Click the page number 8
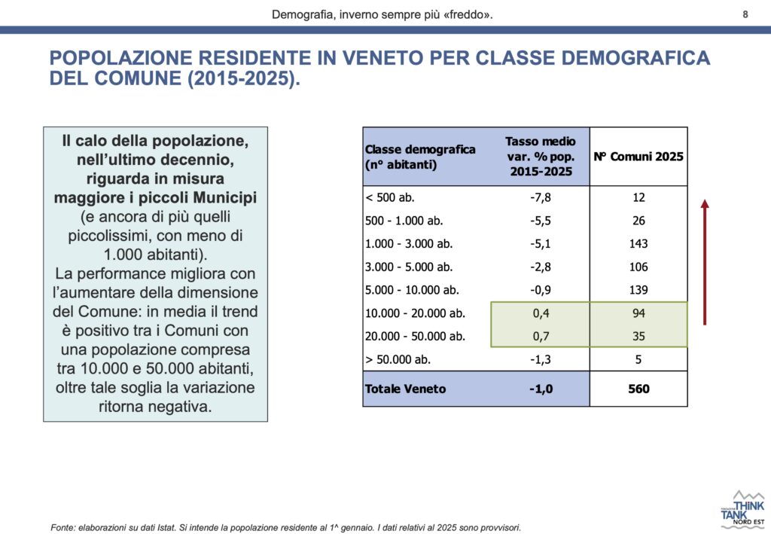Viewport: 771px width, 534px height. (745, 14)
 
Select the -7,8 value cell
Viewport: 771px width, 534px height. (540, 198)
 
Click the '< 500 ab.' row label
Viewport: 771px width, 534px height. (390, 198)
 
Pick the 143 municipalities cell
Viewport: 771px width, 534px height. (638, 244)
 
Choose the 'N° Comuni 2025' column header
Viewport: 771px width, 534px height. (638, 157)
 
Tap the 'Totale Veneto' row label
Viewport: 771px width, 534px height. (405, 389)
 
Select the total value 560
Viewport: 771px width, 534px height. (638, 389)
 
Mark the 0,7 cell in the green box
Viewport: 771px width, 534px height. (540, 336)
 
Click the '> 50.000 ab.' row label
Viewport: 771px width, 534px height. (398, 359)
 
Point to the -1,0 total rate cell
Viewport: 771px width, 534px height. (540, 389)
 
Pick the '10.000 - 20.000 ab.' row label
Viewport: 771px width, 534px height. (415, 313)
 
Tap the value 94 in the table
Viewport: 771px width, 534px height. (638, 313)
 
